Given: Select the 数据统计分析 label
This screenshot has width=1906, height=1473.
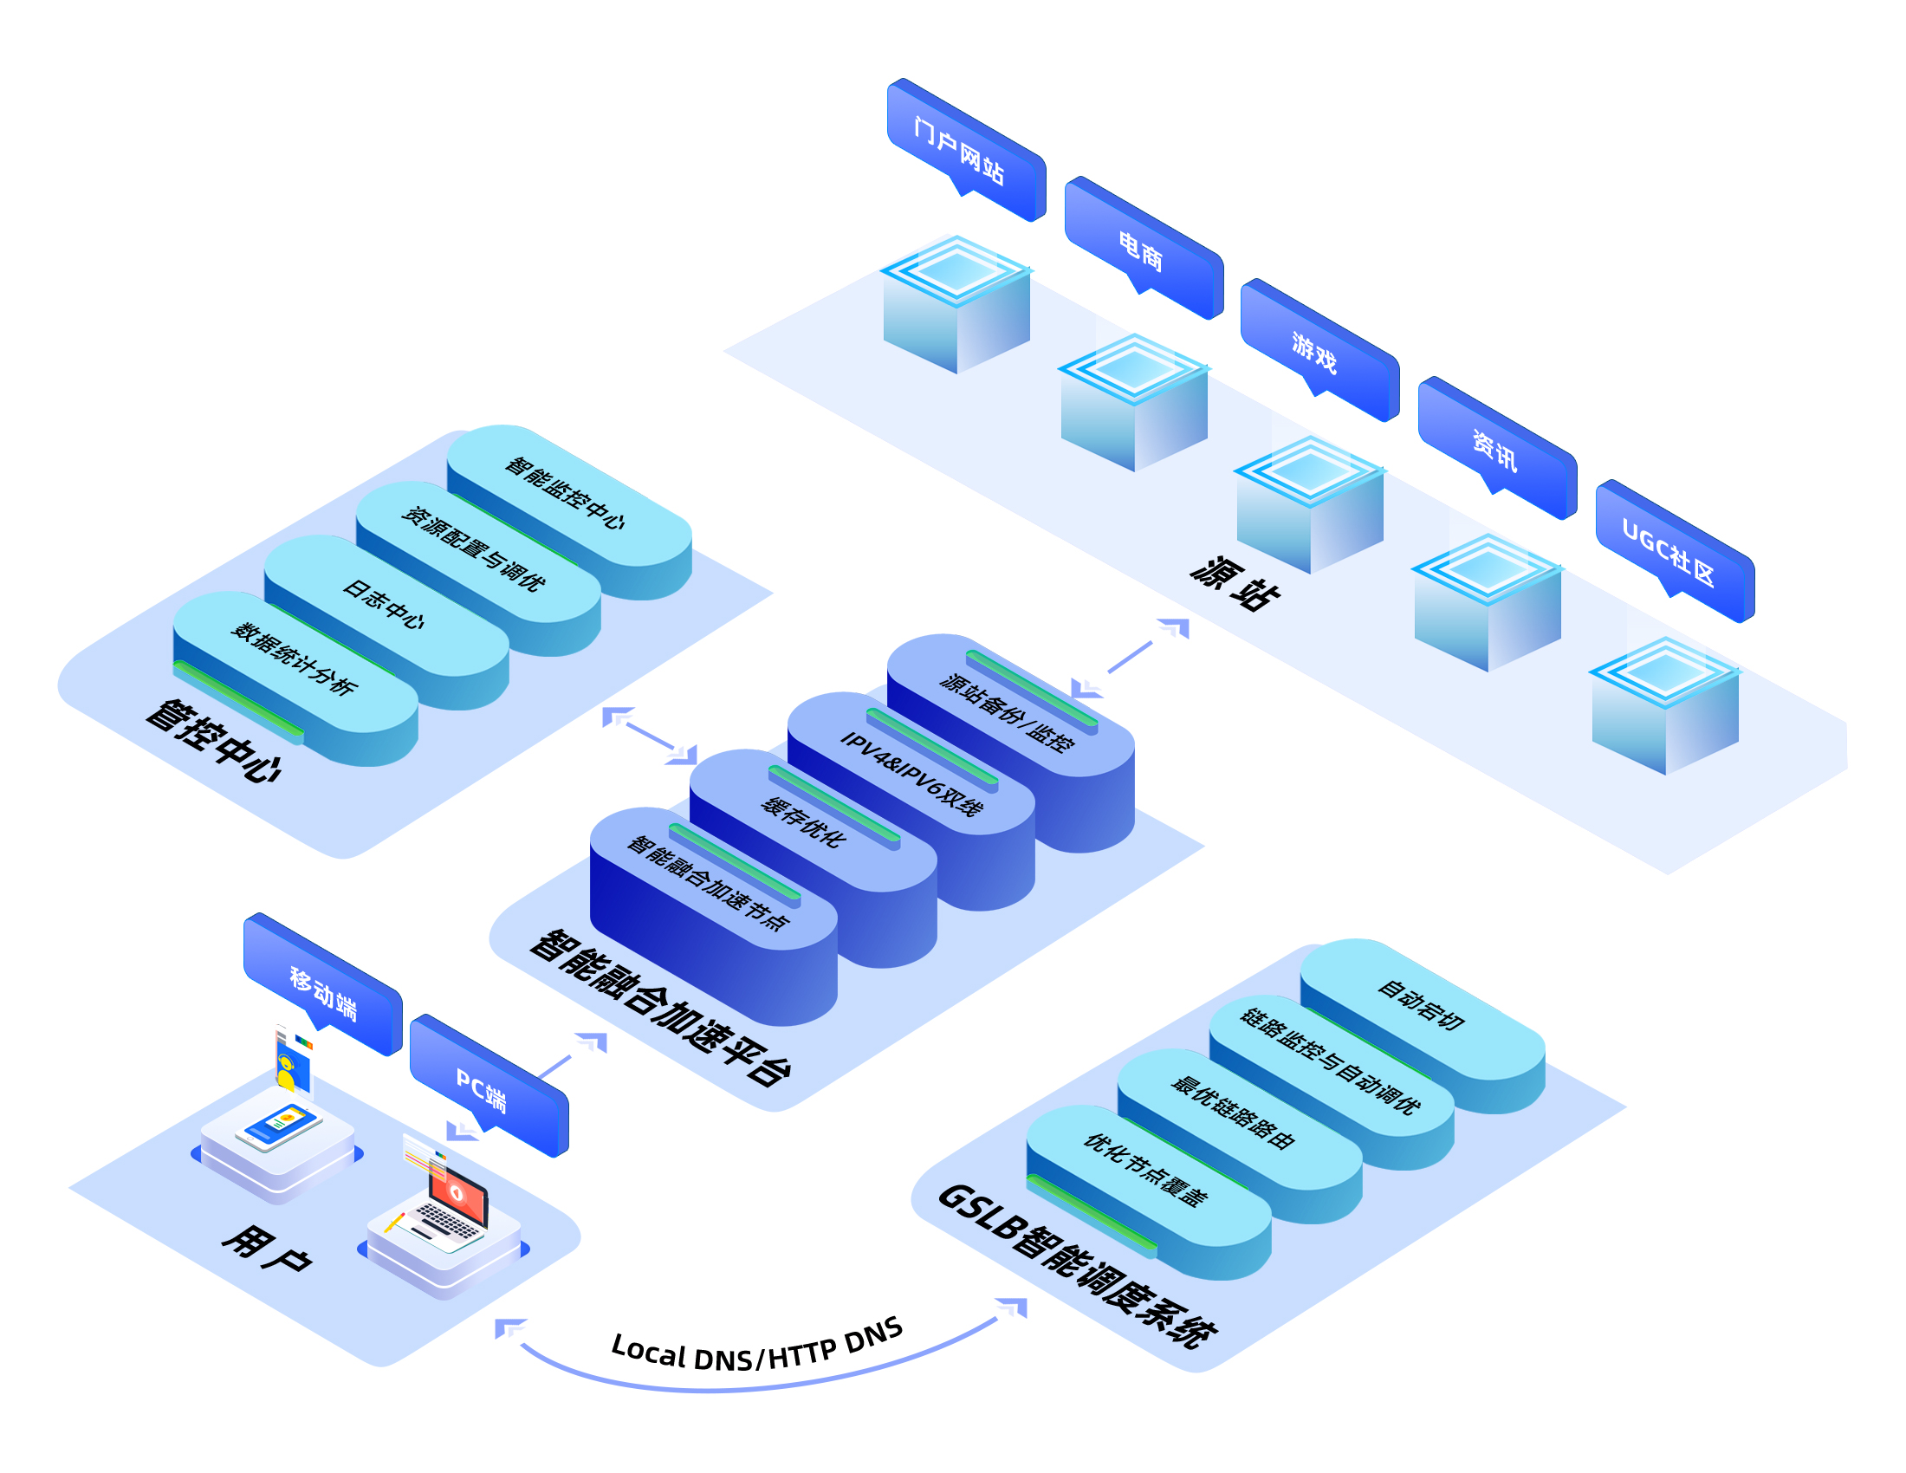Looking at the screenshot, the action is [x=293, y=659].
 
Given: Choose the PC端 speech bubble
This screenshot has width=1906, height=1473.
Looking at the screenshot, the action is [x=489, y=1087].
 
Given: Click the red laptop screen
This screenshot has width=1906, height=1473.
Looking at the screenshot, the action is [x=458, y=1195].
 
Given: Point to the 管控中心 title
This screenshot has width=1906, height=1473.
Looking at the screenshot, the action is [x=214, y=741].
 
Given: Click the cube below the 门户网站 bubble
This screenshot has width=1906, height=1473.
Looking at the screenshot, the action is [x=957, y=305].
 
